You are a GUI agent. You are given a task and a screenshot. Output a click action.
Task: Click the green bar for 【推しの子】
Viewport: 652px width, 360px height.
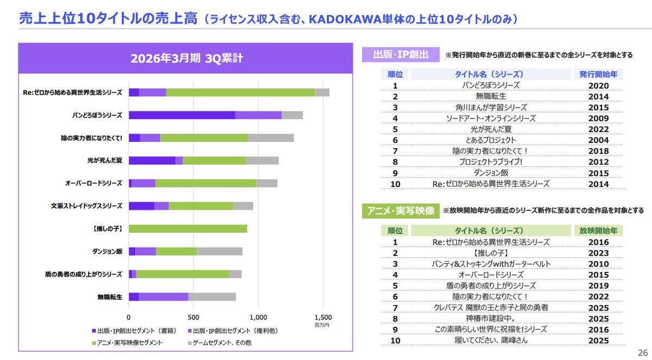[x=188, y=228]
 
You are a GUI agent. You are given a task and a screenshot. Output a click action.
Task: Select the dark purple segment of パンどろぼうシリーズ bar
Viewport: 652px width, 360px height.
[x=182, y=115]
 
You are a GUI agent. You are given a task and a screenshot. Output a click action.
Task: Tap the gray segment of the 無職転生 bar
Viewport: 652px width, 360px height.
[x=212, y=296]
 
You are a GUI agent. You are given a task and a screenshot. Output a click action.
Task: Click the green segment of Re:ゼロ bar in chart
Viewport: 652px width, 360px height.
[x=240, y=92]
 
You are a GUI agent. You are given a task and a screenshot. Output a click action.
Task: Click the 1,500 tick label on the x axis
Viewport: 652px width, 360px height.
[x=322, y=317]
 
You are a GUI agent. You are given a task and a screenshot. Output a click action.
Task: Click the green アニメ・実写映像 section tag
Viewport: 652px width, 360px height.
[x=401, y=210]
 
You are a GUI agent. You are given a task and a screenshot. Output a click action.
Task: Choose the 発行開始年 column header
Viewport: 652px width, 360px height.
[x=598, y=74]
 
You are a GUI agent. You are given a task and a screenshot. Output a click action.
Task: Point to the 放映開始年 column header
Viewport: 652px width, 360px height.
[x=598, y=231]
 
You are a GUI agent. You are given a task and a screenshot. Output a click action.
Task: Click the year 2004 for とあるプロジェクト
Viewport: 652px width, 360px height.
[x=598, y=140]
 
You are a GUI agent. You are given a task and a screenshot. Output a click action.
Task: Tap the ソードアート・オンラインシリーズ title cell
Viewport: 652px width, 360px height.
[x=490, y=118]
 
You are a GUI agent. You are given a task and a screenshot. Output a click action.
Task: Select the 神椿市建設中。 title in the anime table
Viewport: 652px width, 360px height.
[x=490, y=318]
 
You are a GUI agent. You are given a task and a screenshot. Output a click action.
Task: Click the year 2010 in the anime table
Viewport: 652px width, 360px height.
[x=598, y=264]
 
